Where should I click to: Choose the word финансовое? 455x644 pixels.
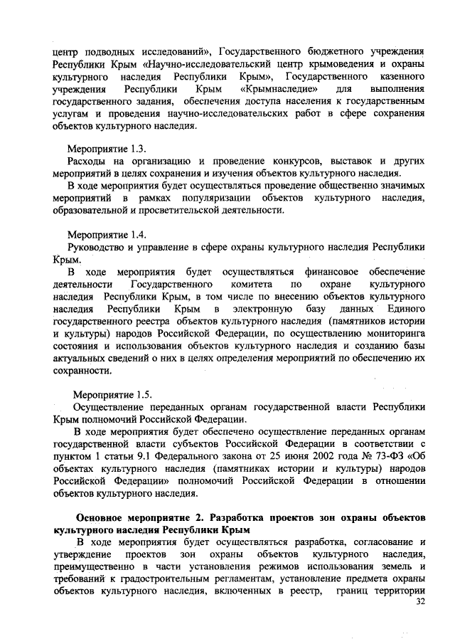point(333,272)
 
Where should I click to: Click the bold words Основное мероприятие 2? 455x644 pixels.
point(149,517)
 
